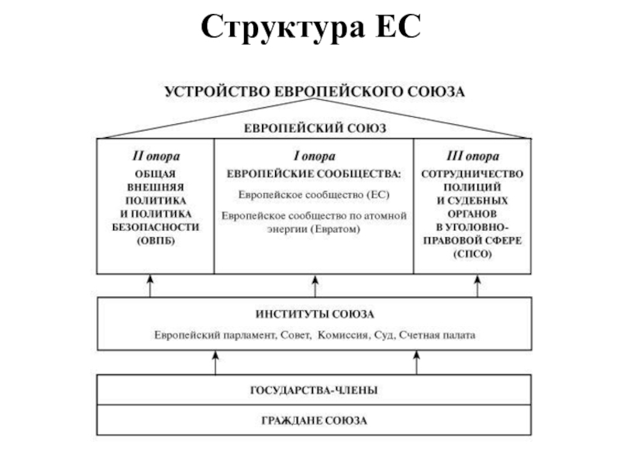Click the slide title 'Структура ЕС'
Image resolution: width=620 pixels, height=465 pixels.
pyautogui.click(x=310, y=29)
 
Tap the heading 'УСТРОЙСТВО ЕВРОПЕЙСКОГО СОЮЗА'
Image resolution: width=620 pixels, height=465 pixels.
pyautogui.click(x=314, y=91)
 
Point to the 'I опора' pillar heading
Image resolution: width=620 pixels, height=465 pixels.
pyautogui.click(x=314, y=156)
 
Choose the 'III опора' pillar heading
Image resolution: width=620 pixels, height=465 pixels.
pyautogui.click(x=472, y=156)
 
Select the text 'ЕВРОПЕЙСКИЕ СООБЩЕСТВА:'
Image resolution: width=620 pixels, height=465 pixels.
pyautogui.click(x=314, y=174)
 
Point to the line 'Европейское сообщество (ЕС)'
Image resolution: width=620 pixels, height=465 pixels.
pyautogui.click(x=314, y=195)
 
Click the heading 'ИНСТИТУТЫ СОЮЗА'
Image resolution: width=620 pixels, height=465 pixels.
pyautogui.click(x=314, y=315)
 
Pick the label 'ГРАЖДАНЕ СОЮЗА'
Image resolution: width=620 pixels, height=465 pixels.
pyautogui.click(x=314, y=421)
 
